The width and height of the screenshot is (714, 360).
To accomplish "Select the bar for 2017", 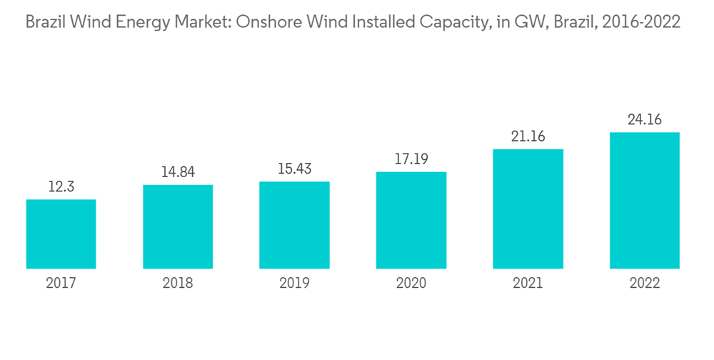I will click(61, 234).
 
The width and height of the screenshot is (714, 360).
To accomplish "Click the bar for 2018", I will click(178, 227).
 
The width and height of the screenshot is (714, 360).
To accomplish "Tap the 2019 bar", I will click(294, 225).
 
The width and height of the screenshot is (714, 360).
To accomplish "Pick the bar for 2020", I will click(411, 220).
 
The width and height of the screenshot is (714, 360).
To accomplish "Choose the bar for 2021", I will click(528, 209).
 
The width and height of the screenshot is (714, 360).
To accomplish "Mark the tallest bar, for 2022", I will click(644, 201).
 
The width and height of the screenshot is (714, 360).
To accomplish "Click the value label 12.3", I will click(61, 187).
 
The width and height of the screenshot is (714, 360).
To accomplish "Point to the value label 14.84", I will click(178, 172).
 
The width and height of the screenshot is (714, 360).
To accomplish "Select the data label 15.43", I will click(294, 169).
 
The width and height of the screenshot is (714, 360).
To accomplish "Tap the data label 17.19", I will click(411, 159).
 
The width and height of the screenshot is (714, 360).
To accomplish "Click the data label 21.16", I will click(528, 136).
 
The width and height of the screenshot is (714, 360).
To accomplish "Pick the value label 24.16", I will click(644, 119).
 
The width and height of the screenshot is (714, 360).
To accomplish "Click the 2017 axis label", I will click(61, 284).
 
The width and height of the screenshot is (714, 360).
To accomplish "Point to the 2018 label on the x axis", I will click(178, 284).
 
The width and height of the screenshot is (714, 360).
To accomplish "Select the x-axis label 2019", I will click(294, 284).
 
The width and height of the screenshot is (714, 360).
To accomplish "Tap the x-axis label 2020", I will click(411, 284).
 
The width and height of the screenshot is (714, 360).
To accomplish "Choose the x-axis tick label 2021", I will click(528, 284).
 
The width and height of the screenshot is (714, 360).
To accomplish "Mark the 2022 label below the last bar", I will click(644, 284).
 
